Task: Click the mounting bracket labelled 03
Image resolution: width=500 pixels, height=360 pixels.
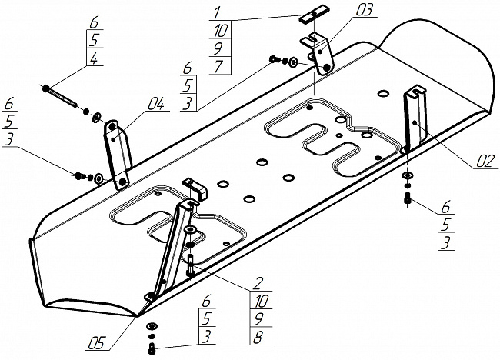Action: (321, 54)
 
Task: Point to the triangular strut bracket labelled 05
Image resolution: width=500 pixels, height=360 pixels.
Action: (173, 246)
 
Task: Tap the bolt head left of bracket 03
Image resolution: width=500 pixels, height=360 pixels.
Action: (273, 58)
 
